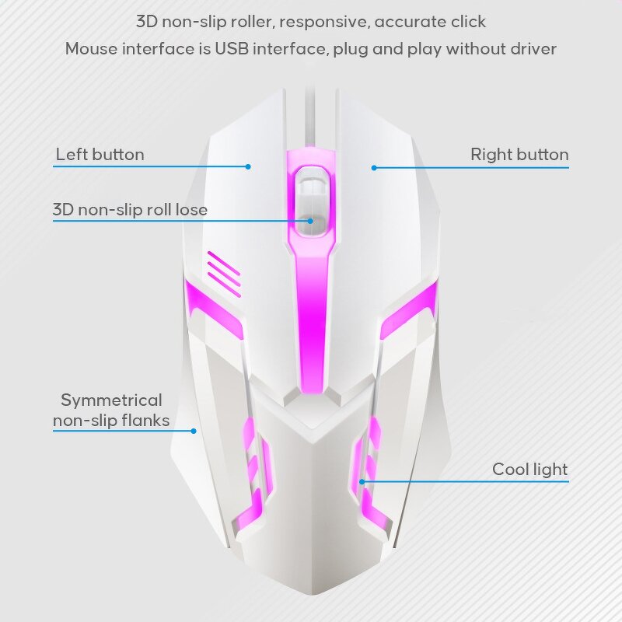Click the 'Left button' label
[x=100, y=154]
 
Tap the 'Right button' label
[x=519, y=154]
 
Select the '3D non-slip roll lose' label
[x=130, y=209]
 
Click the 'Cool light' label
[x=529, y=470]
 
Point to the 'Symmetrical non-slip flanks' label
[x=111, y=411]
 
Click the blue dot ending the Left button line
[x=248, y=166]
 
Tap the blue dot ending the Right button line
[x=374, y=168]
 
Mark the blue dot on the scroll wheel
[x=310, y=221]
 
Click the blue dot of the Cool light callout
[x=362, y=482]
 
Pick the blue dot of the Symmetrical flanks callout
[x=194, y=431]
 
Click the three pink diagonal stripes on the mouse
[x=224, y=274]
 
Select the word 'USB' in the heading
[x=232, y=49]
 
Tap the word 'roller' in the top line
[x=250, y=22]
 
